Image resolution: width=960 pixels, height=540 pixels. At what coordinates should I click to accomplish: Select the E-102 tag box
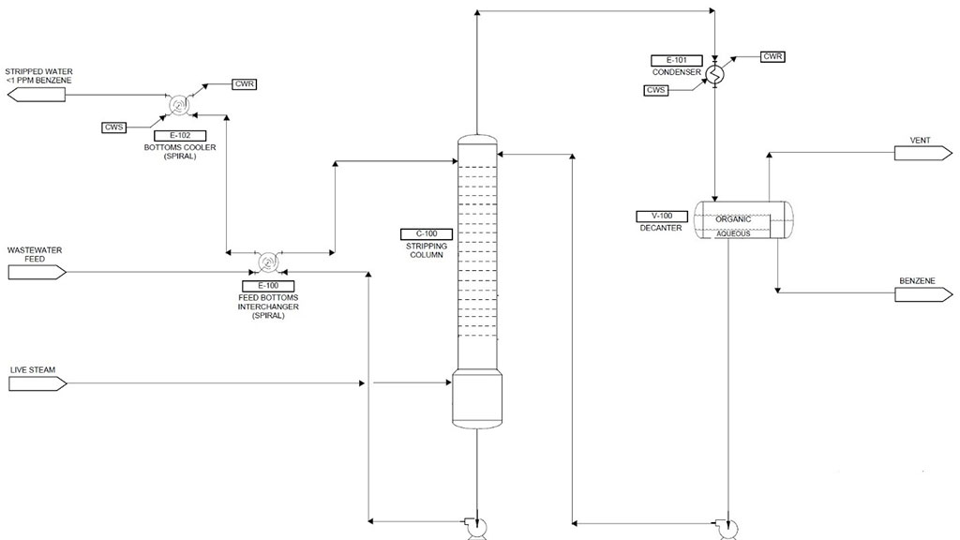[x=173, y=135]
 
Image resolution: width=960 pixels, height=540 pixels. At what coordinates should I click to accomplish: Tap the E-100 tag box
[x=267, y=285]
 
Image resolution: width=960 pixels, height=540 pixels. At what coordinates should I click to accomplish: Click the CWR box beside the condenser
[x=772, y=57]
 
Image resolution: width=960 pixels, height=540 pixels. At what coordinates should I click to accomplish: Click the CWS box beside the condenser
[x=656, y=90]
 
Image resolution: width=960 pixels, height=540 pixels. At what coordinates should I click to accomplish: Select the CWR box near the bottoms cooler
[x=244, y=84]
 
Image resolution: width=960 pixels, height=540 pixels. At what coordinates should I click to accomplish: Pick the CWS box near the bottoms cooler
[x=114, y=127]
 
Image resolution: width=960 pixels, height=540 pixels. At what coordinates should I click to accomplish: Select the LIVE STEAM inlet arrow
[x=37, y=383]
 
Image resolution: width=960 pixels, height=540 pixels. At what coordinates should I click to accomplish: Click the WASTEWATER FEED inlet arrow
[x=37, y=273]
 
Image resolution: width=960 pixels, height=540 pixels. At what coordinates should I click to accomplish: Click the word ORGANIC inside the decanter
[x=733, y=219]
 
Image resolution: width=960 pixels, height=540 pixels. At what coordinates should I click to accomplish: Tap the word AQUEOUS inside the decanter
[x=733, y=233]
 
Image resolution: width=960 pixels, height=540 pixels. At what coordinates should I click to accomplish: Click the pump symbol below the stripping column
[x=473, y=527]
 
